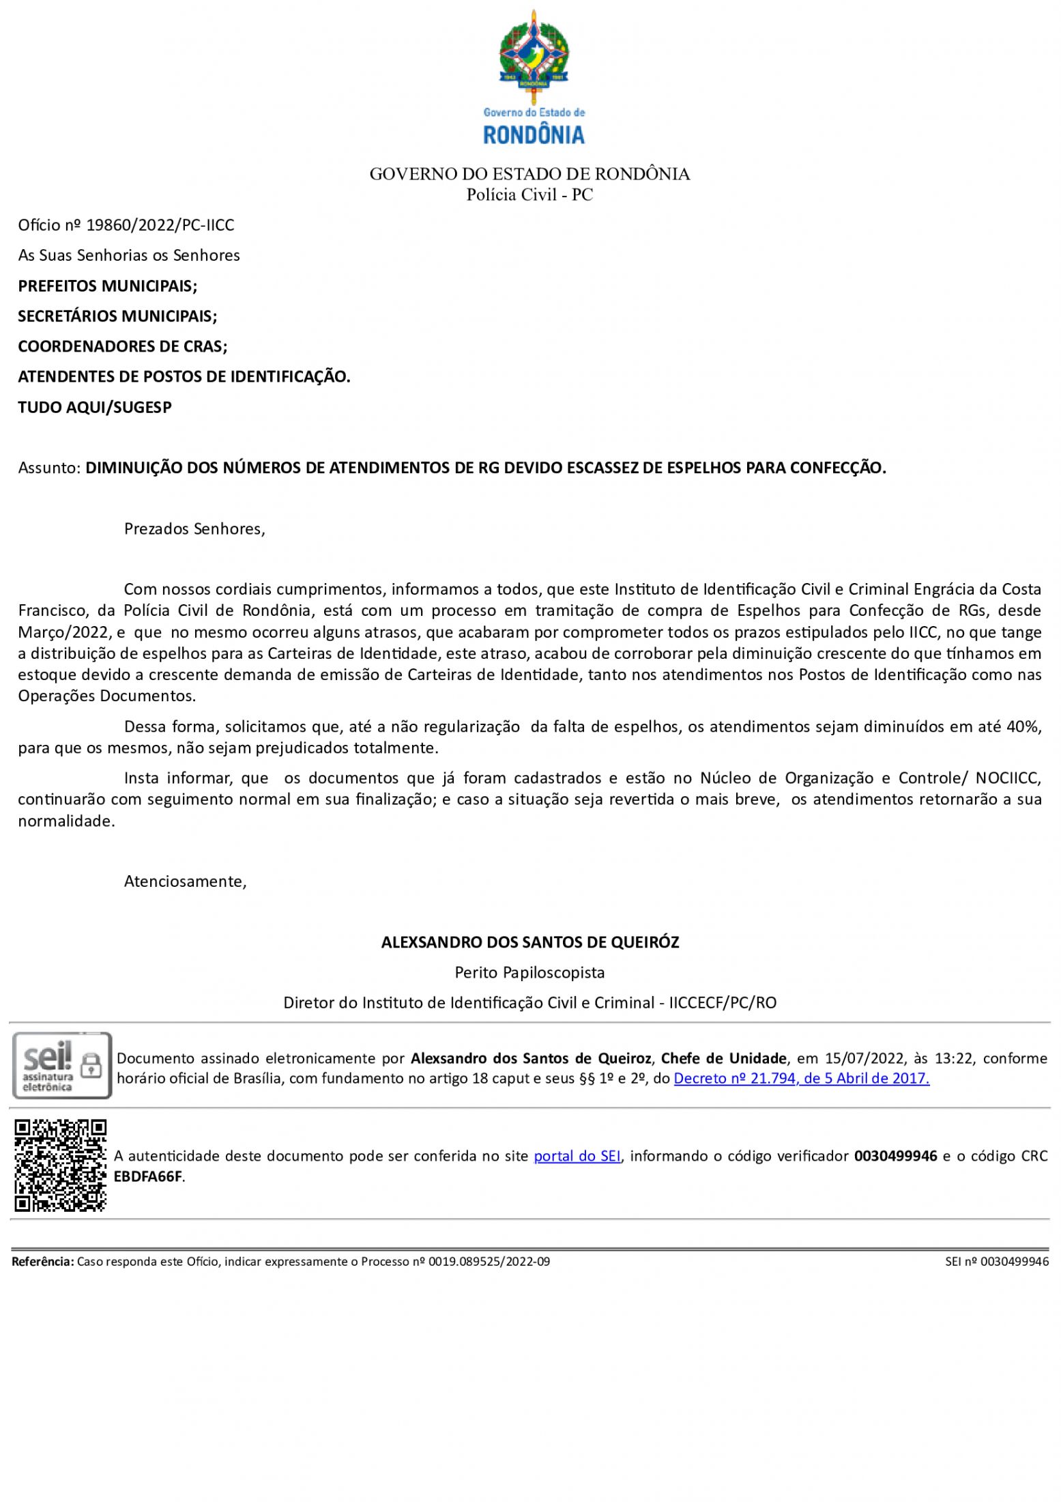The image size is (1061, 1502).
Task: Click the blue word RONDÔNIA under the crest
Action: click(x=534, y=134)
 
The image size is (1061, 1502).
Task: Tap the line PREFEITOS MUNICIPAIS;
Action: click(x=108, y=285)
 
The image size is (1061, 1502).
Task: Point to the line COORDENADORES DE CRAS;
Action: click(x=123, y=346)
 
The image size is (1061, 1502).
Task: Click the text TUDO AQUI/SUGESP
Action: click(x=95, y=407)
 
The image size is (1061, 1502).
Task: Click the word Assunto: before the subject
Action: click(x=50, y=468)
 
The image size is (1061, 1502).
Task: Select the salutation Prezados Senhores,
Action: click(x=194, y=529)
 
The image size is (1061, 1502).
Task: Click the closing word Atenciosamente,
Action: click(x=185, y=881)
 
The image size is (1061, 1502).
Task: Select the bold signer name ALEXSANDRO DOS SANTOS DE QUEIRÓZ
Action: click(x=530, y=942)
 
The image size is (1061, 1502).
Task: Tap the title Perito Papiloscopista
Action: click(x=530, y=972)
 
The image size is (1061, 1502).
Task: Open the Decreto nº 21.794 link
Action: click(x=801, y=1079)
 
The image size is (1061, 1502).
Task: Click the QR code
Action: click(x=61, y=1165)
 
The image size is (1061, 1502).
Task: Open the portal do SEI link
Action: click(x=577, y=1156)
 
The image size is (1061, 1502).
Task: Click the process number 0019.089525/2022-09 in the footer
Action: click(x=489, y=1262)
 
